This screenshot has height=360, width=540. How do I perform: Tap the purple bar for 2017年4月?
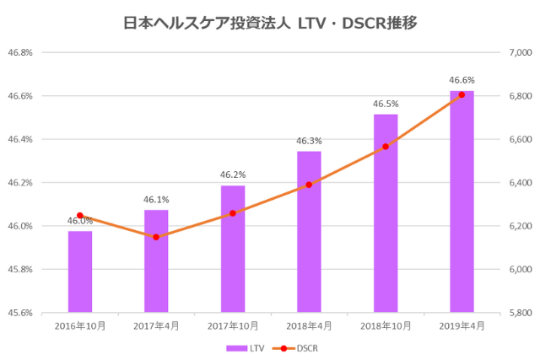(156, 261)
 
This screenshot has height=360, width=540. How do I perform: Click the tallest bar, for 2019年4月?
(462, 201)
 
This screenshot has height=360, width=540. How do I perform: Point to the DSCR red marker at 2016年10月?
(80, 215)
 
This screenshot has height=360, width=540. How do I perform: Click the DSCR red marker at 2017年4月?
(156, 237)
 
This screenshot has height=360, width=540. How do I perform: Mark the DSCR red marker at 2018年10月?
(386, 147)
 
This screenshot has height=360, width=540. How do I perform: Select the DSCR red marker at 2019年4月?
(462, 94)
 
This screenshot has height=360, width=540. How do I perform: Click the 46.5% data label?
(386, 105)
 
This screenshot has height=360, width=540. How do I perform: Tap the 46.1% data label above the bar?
(156, 200)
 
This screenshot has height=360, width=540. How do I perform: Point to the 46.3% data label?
(309, 141)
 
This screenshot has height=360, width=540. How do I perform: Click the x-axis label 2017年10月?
(233, 325)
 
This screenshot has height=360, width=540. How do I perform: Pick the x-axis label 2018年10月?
(386, 325)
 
